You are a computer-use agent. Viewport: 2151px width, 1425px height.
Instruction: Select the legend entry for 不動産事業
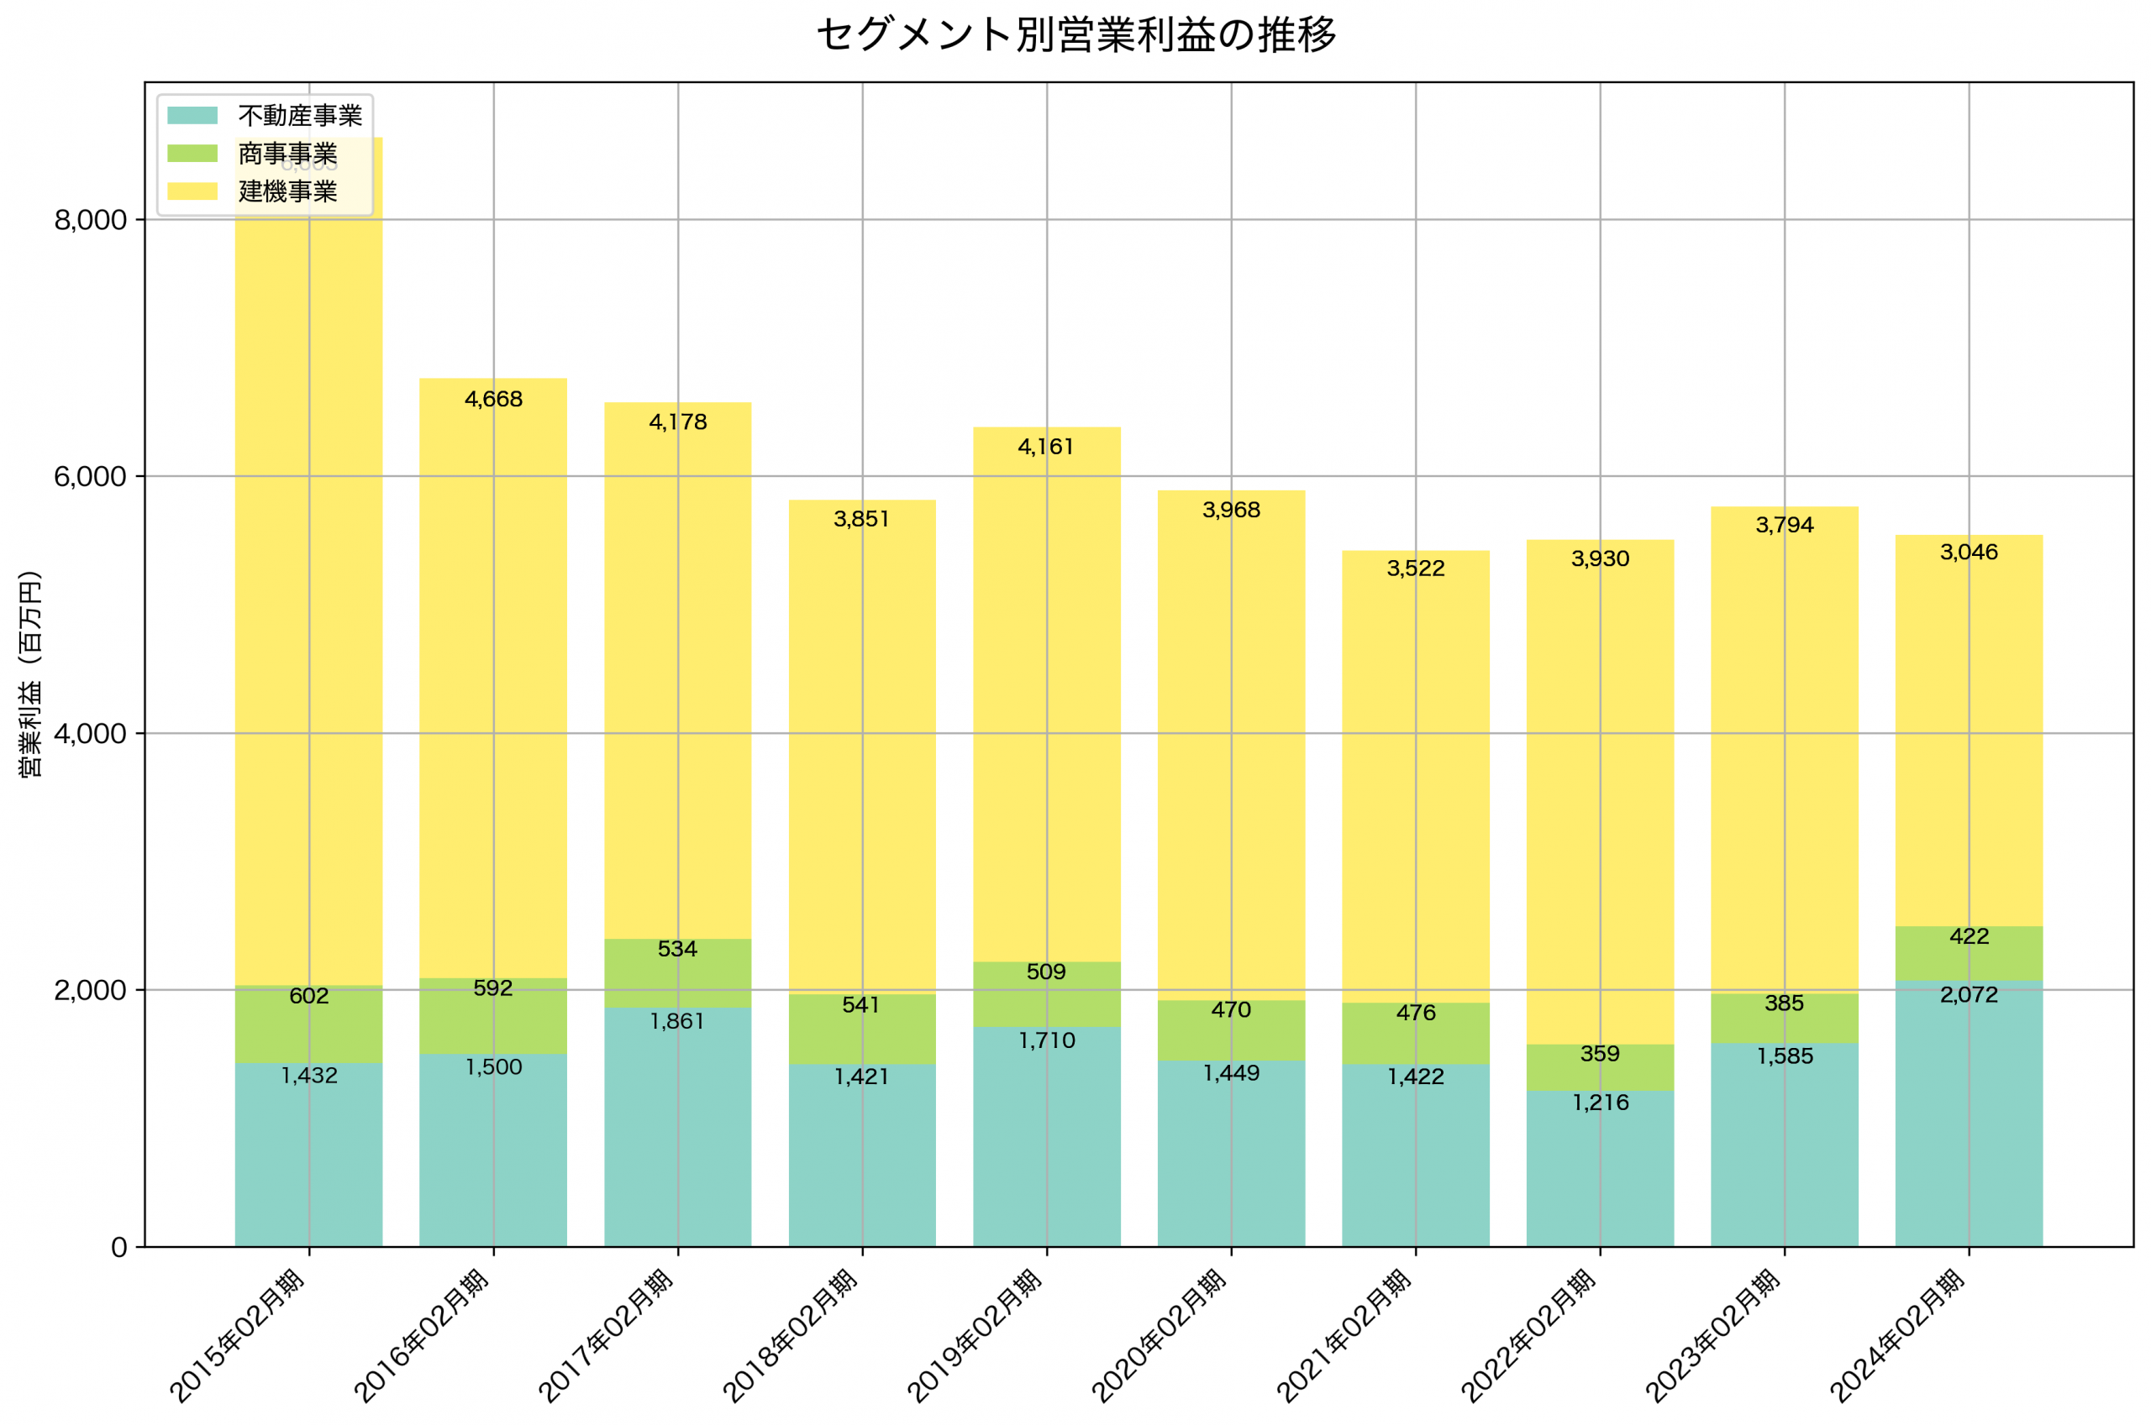(x=299, y=115)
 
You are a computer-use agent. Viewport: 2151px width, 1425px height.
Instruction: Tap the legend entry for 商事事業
(x=287, y=154)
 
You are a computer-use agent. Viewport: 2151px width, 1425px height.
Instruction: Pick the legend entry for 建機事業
(x=287, y=191)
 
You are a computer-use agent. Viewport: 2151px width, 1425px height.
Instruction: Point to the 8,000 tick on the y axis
(x=90, y=220)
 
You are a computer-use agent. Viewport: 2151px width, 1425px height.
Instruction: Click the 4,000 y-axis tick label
(x=90, y=734)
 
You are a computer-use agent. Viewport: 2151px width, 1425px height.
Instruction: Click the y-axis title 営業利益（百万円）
(x=30, y=674)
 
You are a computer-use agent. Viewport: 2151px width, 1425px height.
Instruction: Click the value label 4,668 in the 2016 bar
(x=494, y=400)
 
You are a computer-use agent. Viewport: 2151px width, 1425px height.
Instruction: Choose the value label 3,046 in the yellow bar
(x=1969, y=553)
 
